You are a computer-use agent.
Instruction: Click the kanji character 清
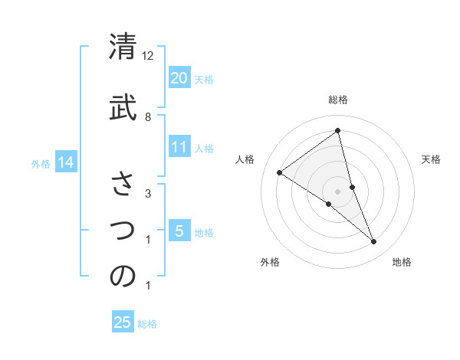click(x=123, y=47)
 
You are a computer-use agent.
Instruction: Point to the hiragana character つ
click(x=123, y=229)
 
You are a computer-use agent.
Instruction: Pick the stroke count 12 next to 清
click(x=148, y=57)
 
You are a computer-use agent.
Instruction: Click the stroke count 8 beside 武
click(x=148, y=116)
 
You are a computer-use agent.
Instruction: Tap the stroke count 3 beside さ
click(x=147, y=194)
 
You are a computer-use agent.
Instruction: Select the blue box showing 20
click(x=179, y=77)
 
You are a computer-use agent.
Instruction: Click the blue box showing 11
click(x=179, y=147)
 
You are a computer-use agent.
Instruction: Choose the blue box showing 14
click(x=65, y=162)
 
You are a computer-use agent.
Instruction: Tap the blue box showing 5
click(x=179, y=231)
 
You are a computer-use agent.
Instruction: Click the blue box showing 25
click(x=123, y=322)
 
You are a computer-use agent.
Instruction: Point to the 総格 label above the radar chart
click(x=338, y=100)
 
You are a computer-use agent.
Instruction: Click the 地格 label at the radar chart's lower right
click(x=402, y=263)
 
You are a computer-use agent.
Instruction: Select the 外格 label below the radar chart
click(x=270, y=263)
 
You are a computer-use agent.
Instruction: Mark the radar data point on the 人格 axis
click(x=279, y=172)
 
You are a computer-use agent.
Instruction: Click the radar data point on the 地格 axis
click(x=374, y=242)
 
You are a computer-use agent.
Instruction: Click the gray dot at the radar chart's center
click(x=337, y=191)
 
